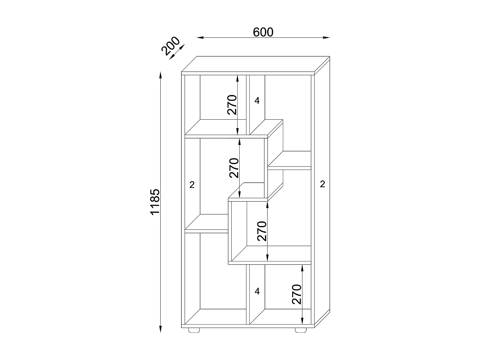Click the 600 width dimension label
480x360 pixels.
click(263, 32)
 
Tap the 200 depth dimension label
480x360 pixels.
click(170, 46)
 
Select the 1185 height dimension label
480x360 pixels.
click(155, 202)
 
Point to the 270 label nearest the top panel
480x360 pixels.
click(232, 105)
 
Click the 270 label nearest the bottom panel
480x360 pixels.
click(297, 294)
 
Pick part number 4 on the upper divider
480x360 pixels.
click(257, 101)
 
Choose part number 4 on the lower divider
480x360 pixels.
click(257, 292)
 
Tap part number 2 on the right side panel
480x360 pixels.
click(323, 184)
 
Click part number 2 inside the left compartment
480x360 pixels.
click(192, 185)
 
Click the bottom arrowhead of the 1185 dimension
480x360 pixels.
click(160, 329)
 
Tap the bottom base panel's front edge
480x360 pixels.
click(248, 326)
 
